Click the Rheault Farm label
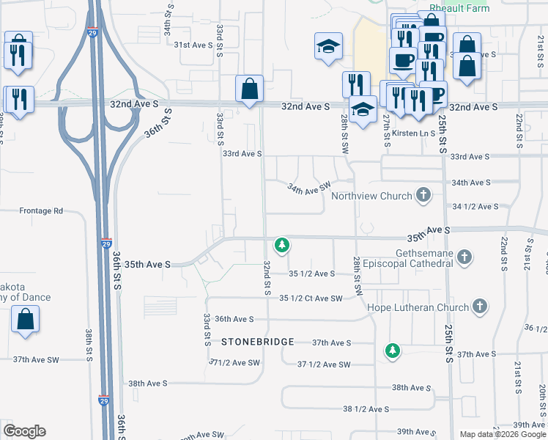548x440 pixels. pyautogui.click(x=469, y=9)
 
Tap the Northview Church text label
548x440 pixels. pyautogui.click(x=372, y=196)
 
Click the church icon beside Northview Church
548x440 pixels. pyautogui.click(x=423, y=195)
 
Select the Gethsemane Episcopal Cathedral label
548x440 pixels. pyautogui.click(x=414, y=257)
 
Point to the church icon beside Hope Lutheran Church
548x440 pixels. pyautogui.click(x=479, y=307)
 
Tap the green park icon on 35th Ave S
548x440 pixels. pyautogui.click(x=281, y=245)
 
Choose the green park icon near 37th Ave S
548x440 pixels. pyautogui.click(x=393, y=351)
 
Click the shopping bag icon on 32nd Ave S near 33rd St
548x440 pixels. pyautogui.click(x=249, y=89)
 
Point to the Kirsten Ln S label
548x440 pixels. pyautogui.click(x=414, y=133)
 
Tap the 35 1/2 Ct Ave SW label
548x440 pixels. pyautogui.click(x=311, y=298)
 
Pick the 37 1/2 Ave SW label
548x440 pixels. pyautogui.click(x=324, y=364)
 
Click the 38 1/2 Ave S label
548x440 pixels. pyautogui.click(x=366, y=409)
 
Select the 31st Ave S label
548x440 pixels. pyautogui.click(x=193, y=45)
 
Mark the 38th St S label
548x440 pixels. pyautogui.click(x=88, y=345)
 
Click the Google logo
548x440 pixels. pyautogui.click(x=24, y=431)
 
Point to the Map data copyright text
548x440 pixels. pyautogui.click(x=502, y=434)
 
